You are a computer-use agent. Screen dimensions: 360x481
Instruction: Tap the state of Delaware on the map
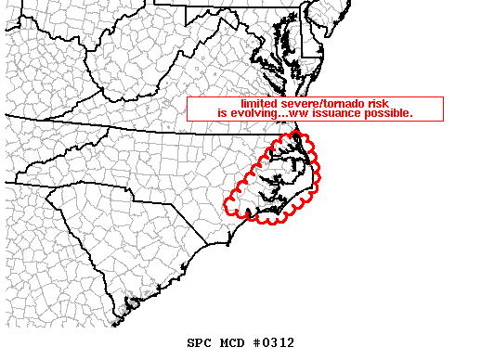pyautogui.click(x=314, y=37)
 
